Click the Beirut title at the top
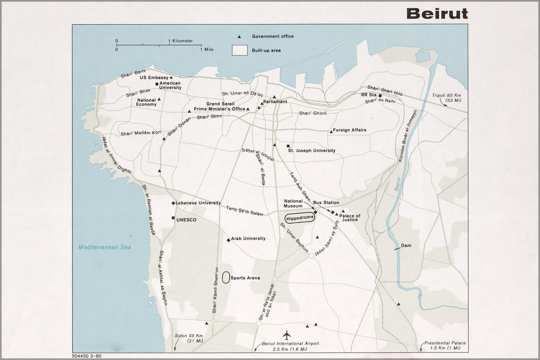(x=437, y=13)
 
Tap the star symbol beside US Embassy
(x=171, y=77)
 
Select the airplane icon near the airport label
(x=287, y=335)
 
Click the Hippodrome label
(x=299, y=218)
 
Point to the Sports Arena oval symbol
(x=226, y=278)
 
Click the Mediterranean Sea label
(x=105, y=247)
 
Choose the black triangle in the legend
(x=239, y=37)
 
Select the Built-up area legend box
(x=240, y=50)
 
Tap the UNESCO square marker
(x=173, y=218)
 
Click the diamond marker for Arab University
(x=228, y=240)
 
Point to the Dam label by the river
(x=406, y=246)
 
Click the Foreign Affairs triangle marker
(x=331, y=132)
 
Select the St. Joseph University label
(x=312, y=150)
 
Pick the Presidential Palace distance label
(x=445, y=345)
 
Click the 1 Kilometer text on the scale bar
(x=180, y=41)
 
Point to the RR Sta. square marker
(x=380, y=96)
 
